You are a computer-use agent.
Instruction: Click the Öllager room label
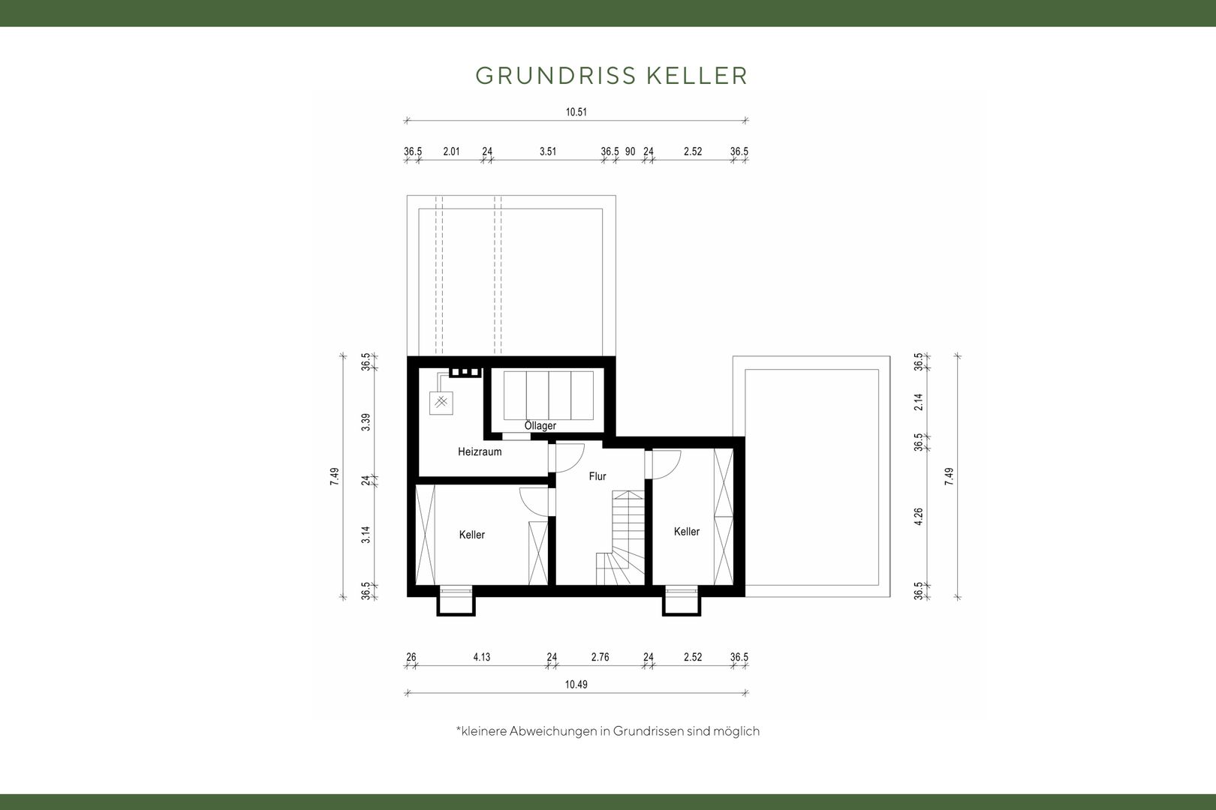point(540,426)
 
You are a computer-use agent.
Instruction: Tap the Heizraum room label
point(480,451)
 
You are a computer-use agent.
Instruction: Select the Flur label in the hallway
point(597,476)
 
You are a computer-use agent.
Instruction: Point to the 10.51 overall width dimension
point(576,112)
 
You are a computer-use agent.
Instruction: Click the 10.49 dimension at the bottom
point(576,685)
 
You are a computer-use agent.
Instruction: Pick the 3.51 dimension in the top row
point(548,151)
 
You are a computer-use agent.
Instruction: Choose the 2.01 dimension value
point(451,151)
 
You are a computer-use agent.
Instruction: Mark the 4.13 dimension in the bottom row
point(481,657)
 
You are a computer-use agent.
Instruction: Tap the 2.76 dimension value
point(600,657)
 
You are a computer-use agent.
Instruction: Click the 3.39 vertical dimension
point(366,422)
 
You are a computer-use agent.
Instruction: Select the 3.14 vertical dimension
point(366,535)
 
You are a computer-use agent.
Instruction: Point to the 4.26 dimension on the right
point(918,517)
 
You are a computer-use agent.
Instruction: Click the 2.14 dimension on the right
point(918,402)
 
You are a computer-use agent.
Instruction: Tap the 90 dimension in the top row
point(630,151)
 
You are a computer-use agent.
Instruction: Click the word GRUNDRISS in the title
point(555,76)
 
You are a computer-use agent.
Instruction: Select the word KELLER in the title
point(697,76)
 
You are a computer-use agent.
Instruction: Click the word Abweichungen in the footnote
point(552,731)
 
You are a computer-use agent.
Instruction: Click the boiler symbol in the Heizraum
point(441,403)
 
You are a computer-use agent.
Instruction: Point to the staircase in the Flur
point(621,538)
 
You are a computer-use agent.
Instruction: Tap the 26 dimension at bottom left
point(411,657)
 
